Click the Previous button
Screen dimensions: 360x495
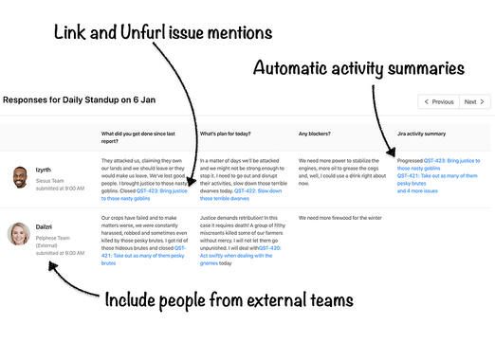pyautogui.click(x=438, y=101)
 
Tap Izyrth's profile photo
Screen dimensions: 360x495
pyautogui.click(x=20, y=176)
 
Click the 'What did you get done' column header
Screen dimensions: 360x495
pyautogui.click(x=142, y=137)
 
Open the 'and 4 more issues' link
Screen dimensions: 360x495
pyautogui.click(x=418, y=190)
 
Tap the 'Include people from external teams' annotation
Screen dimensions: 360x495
pyautogui.click(x=229, y=300)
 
